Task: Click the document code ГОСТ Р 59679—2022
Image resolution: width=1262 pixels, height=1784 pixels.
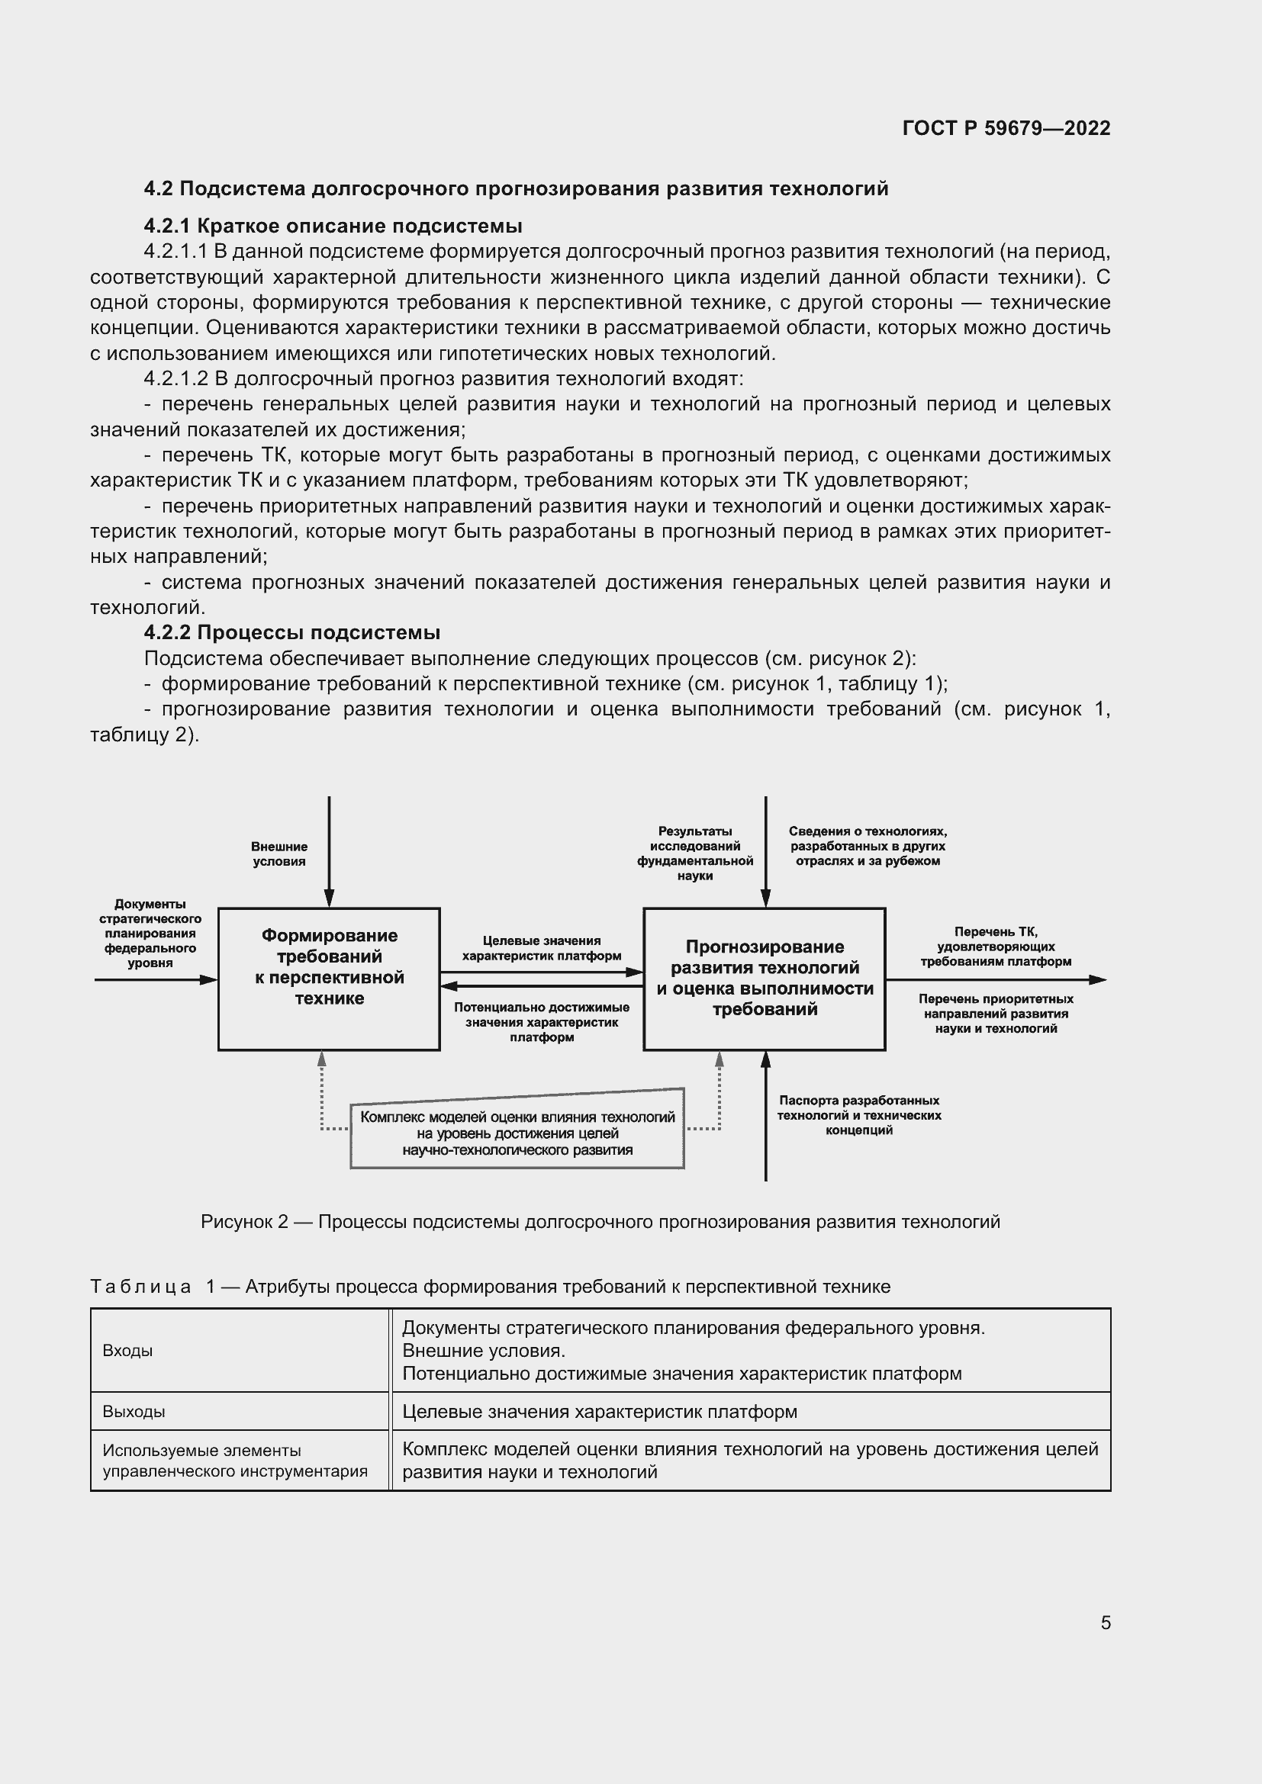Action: [1006, 128]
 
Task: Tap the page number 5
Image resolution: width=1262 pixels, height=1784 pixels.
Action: [1105, 1622]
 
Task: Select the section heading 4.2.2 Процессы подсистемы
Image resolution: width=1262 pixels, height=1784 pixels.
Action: [292, 632]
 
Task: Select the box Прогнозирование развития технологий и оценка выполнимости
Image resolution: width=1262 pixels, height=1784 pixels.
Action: [764, 978]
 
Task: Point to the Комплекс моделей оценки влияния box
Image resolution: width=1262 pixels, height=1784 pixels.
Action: [517, 1133]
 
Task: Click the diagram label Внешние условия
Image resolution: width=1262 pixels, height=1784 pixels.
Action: [279, 854]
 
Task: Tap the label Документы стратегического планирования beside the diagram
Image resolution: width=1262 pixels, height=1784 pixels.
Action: [150, 933]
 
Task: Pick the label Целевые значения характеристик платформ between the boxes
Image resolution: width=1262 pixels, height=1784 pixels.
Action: [541, 948]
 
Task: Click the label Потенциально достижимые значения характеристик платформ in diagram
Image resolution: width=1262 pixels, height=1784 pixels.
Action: [541, 1022]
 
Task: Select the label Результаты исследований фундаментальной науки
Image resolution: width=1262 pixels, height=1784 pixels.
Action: [695, 853]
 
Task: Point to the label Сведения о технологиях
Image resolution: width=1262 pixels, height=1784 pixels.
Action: [868, 846]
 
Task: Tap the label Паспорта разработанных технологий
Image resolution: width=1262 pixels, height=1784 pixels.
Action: [858, 1115]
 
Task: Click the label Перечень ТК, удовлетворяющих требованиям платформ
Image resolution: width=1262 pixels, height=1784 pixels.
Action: [996, 947]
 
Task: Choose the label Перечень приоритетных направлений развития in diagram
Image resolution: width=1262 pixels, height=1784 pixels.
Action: [996, 1014]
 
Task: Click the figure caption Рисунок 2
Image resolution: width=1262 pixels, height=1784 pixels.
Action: [600, 1221]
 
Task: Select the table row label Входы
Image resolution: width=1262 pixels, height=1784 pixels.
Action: [127, 1351]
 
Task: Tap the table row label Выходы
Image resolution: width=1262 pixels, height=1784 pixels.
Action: [134, 1412]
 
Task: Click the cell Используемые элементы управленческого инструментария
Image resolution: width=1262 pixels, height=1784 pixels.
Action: [235, 1461]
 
